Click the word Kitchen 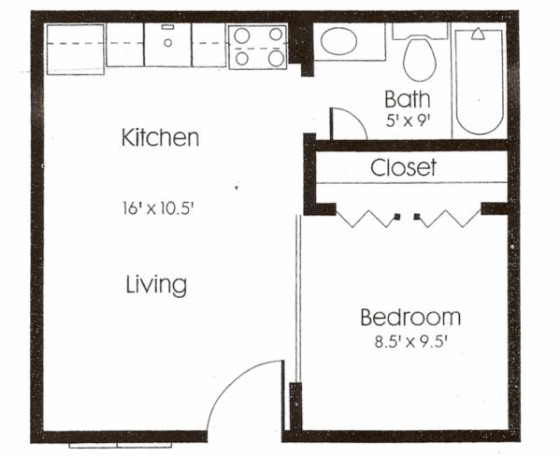[161, 137]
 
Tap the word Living [156, 285]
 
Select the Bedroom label [410, 318]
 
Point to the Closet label [404, 167]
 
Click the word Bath [407, 99]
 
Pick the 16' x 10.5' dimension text [158, 208]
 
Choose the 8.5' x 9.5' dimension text [411, 342]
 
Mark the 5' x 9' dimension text [407, 121]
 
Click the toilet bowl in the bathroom [420, 60]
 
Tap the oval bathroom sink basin [338, 41]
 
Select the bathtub [480, 81]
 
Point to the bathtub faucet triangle [478, 35]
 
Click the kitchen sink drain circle [168, 43]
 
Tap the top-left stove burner [242, 35]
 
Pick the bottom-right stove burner [276, 59]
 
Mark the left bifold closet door [367, 219]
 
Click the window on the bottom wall [121, 446]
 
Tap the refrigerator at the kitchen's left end [76, 50]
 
